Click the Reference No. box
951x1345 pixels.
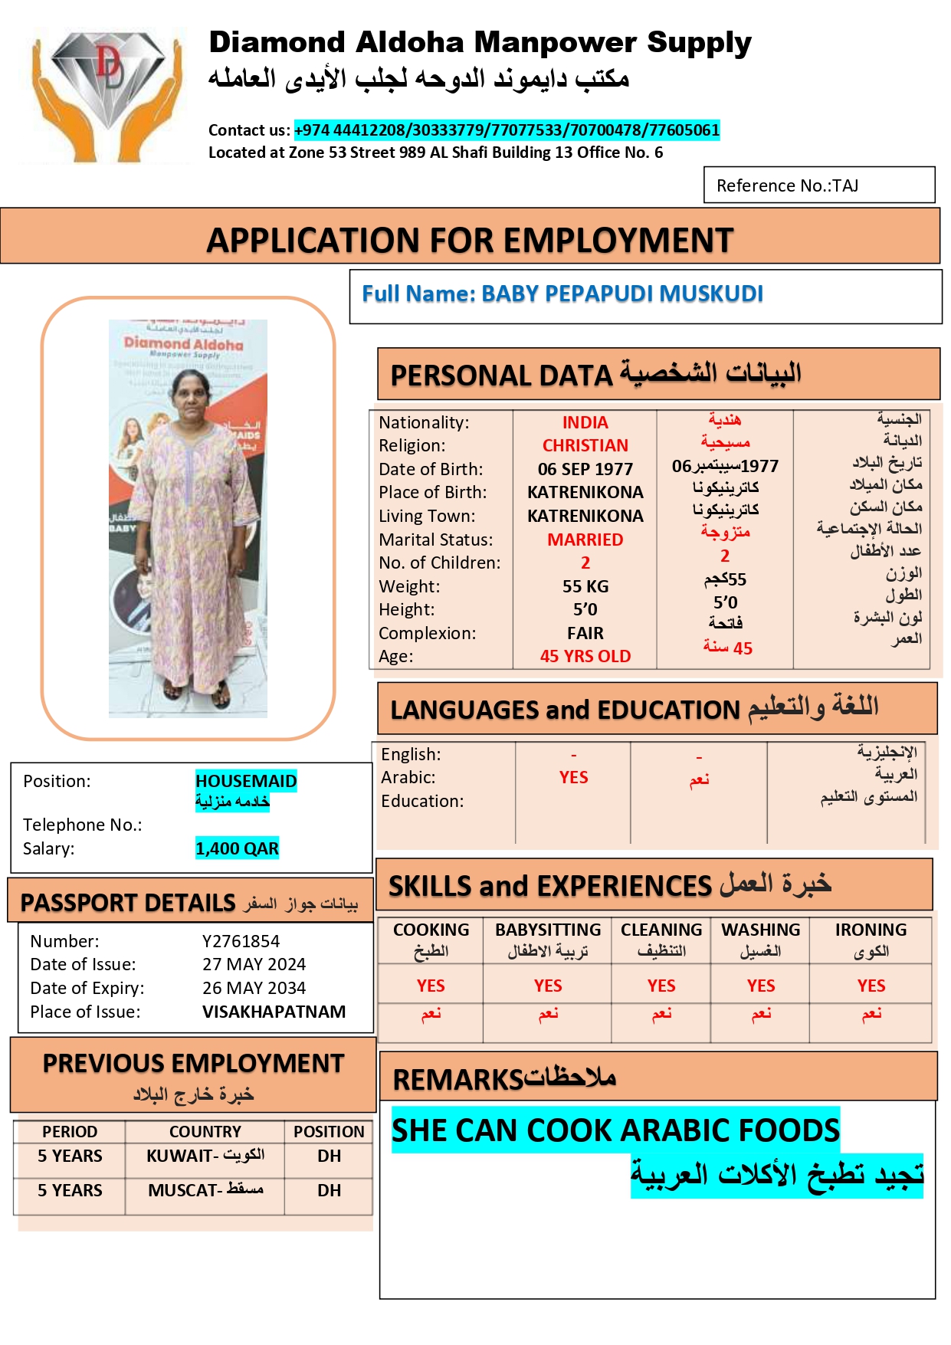click(x=818, y=185)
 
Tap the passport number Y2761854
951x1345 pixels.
click(x=241, y=941)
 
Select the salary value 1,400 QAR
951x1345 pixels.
click(x=237, y=848)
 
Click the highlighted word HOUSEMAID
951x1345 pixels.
click(x=245, y=781)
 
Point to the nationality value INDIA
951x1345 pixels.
click(x=585, y=422)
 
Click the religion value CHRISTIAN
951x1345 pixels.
click(x=585, y=445)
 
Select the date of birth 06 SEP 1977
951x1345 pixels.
click(x=585, y=469)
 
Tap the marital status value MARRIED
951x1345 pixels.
click(x=585, y=540)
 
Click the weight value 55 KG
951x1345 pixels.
click(x=585, y=586)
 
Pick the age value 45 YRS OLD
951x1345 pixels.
click(x=585, y=656)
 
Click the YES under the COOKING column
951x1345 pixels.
click(x=431, y=986)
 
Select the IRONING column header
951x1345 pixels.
click(x=871, y=930)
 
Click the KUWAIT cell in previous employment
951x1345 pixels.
click(x=205, y=1156)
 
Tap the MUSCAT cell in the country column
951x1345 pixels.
click(x=205, y=1190)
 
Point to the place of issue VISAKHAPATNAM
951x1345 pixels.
click(x=274, y=1012)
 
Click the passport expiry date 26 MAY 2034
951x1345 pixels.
click(x=254, y=988)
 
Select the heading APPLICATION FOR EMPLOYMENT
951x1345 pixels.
click(x=470, y=240)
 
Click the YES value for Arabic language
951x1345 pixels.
click(x=573, y=777)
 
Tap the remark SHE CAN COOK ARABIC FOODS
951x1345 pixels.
click(x=615, y=1130)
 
